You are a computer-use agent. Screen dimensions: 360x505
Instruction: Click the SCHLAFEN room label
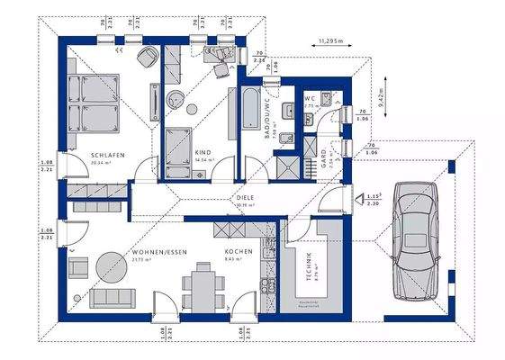click(106, 156)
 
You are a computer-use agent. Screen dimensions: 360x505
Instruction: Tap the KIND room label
click(203, 153)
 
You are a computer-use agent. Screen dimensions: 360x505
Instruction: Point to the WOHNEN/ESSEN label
click(158, 253)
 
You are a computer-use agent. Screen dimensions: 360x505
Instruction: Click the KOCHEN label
click(239, 253)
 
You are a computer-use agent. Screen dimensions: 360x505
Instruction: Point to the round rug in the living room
click(114, 267)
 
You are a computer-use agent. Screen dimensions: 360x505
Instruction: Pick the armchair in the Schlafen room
click(145, 58)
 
